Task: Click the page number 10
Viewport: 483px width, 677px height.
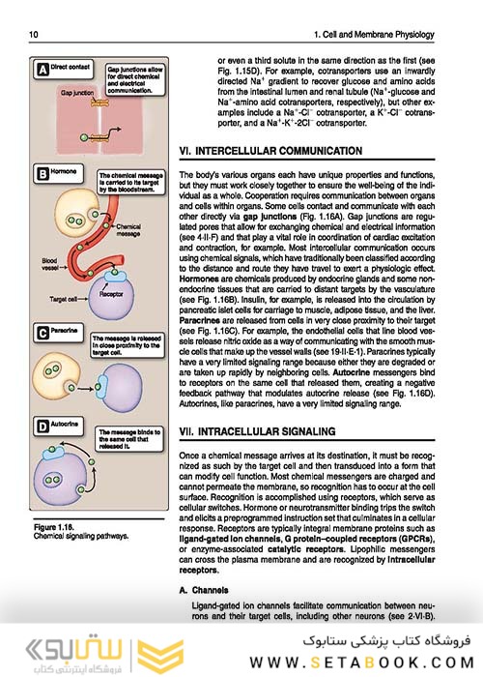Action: point(34,36)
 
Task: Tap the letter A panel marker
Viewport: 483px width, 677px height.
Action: point(42,71)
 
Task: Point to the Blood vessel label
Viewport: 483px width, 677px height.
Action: point(43,263)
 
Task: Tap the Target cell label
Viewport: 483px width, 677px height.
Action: point(43,301)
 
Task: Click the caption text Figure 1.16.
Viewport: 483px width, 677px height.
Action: point(56,526)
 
